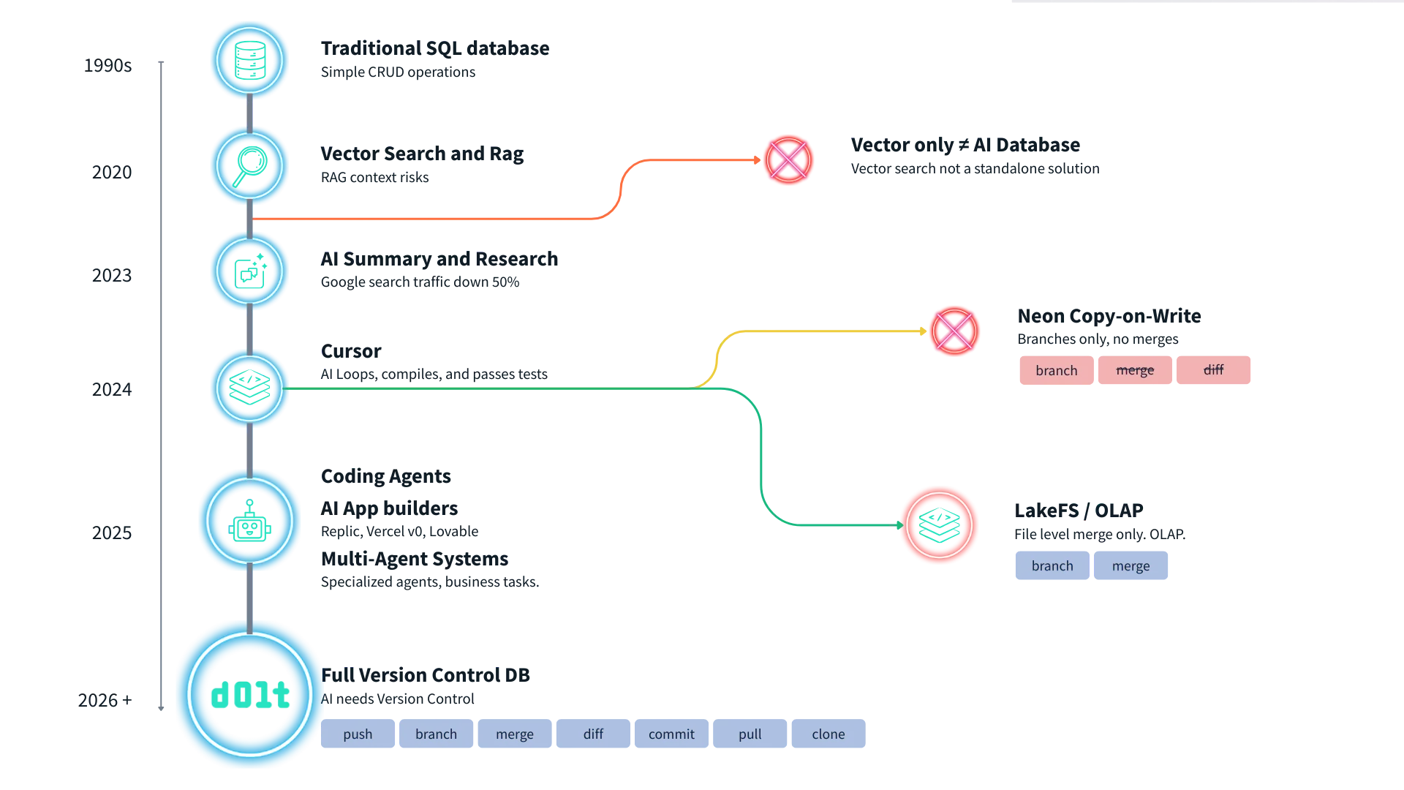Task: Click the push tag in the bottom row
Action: (358, 734)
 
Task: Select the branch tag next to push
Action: (436, 734)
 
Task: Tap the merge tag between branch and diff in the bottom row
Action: (515, 734)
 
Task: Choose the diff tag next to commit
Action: (593, 734)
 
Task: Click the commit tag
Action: (671, 734)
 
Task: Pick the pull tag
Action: (750, 734)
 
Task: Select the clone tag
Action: (828, 734)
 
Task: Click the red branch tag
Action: (1057, 370)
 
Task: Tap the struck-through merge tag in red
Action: (1135, 370)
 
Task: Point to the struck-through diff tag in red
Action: (1213, 370)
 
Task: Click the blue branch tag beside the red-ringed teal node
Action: (1052, 566)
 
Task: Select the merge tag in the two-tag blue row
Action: (1131, 566)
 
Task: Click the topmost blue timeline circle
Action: (250, 59)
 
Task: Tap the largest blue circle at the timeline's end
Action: (250, 695)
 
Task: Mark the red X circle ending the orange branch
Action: (788, 159)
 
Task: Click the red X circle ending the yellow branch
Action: (954, 331)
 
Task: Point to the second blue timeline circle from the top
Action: (250, 165)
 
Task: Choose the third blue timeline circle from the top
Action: (250, 270)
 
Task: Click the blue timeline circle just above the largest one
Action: (250, 520)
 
